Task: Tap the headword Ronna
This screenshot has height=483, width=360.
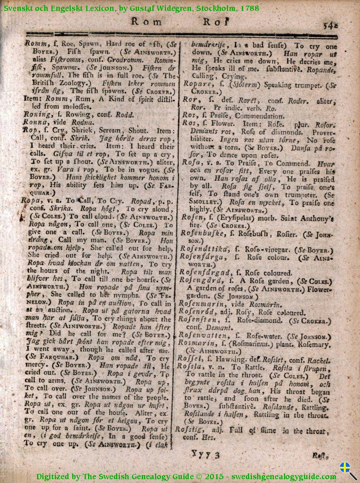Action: click(x=34, y=122)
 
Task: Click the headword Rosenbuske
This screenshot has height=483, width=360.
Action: click(x=201, y=233)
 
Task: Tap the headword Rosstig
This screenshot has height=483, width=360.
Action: click(x=189, y=430)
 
